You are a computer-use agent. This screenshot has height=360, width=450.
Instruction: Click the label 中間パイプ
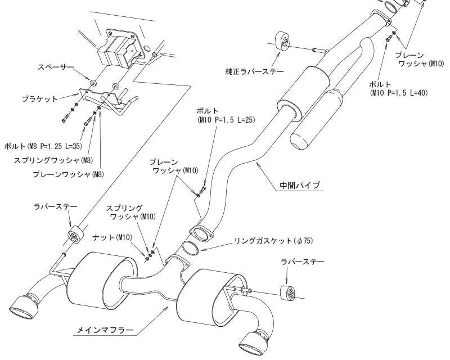tap(300, 185)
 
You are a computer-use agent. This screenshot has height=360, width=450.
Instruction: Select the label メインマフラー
tap(105, 330)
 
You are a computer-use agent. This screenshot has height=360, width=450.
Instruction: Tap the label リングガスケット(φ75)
tap(273, 241)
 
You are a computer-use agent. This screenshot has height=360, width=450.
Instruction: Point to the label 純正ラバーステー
tap(255, 71)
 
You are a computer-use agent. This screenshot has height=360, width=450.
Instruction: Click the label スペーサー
tap(56, 67)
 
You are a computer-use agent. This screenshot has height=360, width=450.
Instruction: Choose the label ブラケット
tap(39, 100)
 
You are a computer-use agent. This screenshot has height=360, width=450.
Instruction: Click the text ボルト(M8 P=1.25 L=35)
tap(43, 146)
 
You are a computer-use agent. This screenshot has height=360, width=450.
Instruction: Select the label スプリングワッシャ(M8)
tap(53, 160)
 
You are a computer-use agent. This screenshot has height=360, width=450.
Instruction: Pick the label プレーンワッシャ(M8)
tap(68, 174)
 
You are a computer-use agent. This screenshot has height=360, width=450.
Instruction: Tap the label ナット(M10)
tap(112, 237)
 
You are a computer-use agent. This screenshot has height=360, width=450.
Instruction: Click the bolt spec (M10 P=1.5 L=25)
tap(226, 120)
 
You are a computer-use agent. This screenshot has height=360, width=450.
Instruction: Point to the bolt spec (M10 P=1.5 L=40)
tap(399, 93)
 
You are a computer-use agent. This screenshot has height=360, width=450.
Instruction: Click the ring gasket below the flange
tap(190, 247)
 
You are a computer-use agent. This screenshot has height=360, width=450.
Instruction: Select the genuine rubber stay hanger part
tap(283, 41)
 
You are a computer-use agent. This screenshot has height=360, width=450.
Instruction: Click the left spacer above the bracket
tap(93, 82)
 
